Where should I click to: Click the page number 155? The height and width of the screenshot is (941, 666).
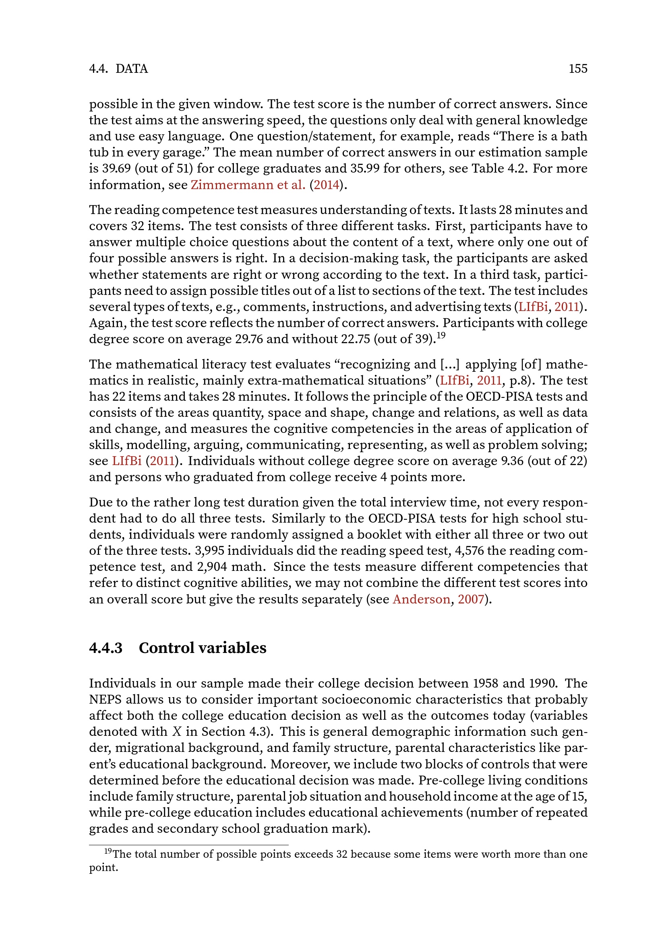(x=578, y=68)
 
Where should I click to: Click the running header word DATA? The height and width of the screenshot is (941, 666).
(x=132, y=68)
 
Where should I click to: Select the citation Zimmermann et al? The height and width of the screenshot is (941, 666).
(x=248, y=185)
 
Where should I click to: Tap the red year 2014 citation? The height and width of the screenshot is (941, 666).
(x=327, y=185)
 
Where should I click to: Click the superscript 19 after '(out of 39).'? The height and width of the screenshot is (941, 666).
(x=441, y=336)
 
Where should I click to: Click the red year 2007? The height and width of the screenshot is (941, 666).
(x=471, y=599)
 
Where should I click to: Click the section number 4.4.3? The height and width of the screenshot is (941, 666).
(x=106, y=648)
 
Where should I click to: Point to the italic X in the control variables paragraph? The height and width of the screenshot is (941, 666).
(x=177, y=732)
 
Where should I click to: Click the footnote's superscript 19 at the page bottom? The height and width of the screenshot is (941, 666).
(x=108, y=851)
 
